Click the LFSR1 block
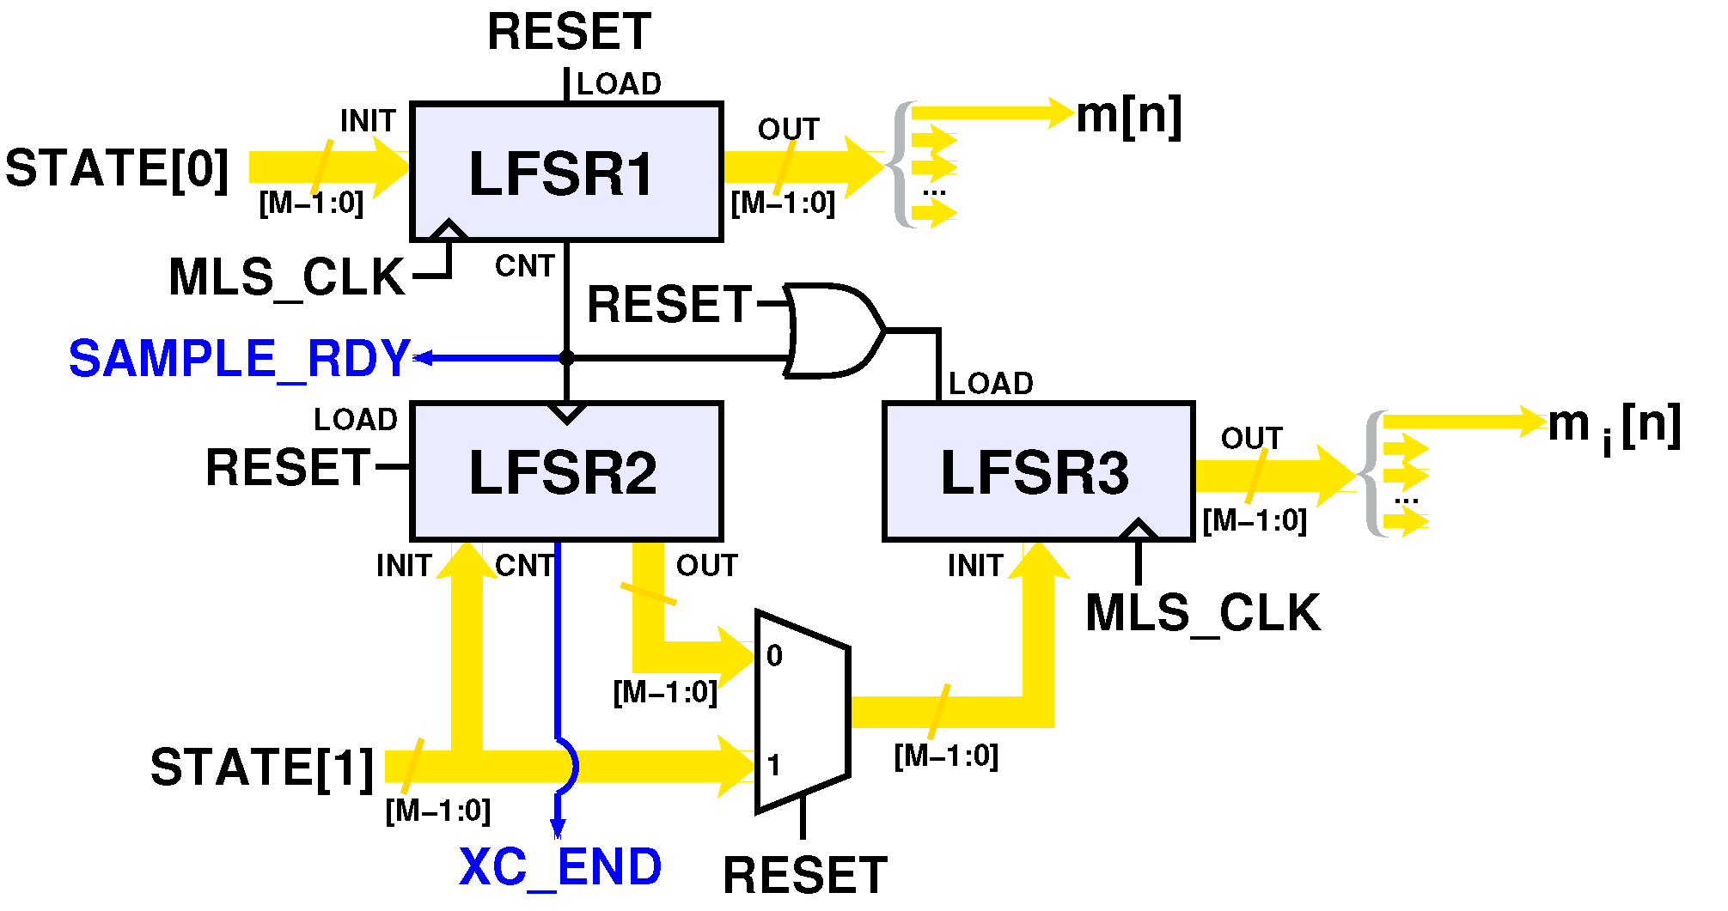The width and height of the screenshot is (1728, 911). point(565,172)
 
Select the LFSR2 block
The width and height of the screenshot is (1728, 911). point(565,471)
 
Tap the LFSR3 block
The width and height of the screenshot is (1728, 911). point(1038,471)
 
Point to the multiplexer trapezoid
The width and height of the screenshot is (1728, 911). point(803,712)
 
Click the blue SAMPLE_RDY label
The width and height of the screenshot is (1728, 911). point(239,359)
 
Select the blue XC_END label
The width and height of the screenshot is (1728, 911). point(560,867)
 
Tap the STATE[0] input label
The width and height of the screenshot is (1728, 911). point(117,168)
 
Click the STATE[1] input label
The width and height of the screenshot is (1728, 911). point(262,767)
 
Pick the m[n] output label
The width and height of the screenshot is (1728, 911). point(1128,115)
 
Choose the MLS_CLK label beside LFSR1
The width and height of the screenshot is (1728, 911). point(287,277)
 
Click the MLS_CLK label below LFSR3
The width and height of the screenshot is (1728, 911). point(1202,613)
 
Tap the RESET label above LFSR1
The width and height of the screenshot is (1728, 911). point(569,33)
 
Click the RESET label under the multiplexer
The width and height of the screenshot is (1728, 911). point(804,876)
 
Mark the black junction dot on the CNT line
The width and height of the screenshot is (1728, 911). point(566,358)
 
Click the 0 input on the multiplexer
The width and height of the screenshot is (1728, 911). point(774,656)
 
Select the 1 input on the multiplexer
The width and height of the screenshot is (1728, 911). point(774,764)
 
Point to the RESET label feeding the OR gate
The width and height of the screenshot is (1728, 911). point(669,305)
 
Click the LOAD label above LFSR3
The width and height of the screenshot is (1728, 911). point(990,384)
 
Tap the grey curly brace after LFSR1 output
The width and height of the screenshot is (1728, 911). point(900,165)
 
